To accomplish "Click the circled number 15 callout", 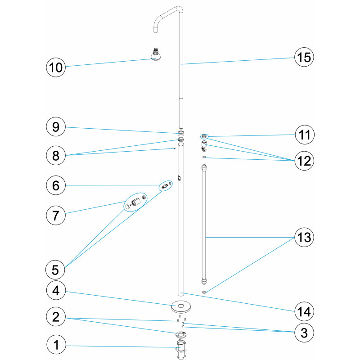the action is [304, 57].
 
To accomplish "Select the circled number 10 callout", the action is [56, 67].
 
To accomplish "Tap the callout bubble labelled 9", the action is [56, 127].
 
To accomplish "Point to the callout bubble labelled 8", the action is [56, 155].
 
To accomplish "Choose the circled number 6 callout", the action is [56, 185].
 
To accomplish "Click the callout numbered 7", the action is [56, 216].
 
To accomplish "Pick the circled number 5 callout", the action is [55, 270].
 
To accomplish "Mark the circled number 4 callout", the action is [56, 290].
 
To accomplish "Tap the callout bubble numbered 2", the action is [56, 317].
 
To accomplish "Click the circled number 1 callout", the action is [56, 345].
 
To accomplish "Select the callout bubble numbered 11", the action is [305, 135].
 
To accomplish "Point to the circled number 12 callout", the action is [304, 161].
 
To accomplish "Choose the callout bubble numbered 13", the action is [304, 237].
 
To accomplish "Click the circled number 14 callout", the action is [304, 311].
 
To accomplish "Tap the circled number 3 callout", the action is [304, 332].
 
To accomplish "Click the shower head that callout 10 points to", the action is [156, 54].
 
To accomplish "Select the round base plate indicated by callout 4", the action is [181, 307].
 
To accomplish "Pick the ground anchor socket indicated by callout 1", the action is [181, 350].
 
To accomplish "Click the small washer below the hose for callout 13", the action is [204, 292].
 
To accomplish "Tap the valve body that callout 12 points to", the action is [204, 146].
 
